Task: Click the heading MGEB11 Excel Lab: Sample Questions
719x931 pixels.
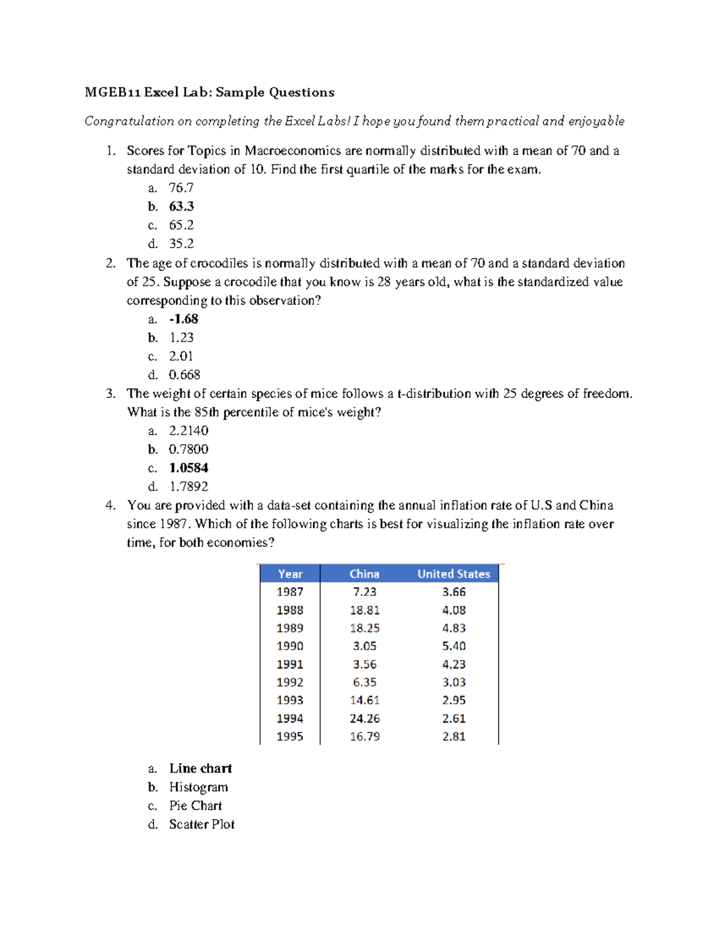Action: [x=209, y=92]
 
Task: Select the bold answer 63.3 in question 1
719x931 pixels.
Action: [x=181, y=206]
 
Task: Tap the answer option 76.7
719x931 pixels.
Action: [x=181, y=188]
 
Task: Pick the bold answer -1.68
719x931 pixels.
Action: [x=183, y=319]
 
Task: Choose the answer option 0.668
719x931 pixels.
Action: [x=185, y=375]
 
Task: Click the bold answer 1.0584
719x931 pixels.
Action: [x=189, y=468]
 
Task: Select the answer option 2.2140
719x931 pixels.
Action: [x=189, y=430]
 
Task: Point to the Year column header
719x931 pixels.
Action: [x=290, y=574]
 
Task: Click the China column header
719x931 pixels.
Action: [x=364, y=574]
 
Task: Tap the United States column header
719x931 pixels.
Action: [x=454, y=574]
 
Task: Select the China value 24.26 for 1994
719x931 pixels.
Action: [x=364, y=718]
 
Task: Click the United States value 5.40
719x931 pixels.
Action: [x=454, y=646]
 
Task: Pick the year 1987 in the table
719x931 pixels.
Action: [x=290, y=592]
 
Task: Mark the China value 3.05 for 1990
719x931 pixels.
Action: [x=364, y=646]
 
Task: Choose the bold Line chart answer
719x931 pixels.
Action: [x=200, y=769]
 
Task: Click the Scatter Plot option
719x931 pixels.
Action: [x=201, y=824]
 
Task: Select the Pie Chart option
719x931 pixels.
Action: [x=195, y=806]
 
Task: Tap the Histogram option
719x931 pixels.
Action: [x=198, y=787]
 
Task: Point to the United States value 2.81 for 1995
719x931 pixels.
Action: [x=454, y=736]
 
